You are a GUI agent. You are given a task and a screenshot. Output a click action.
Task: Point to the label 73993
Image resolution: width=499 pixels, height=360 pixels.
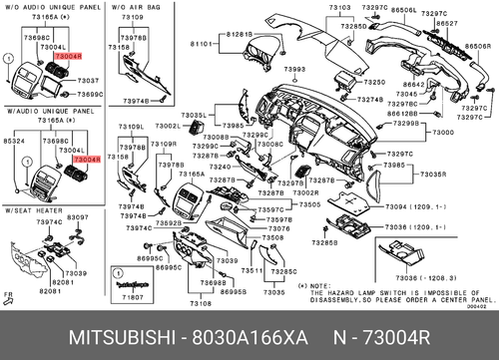click(293, 69)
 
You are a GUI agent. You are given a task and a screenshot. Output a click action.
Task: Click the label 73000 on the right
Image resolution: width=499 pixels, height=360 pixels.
click(444, 132)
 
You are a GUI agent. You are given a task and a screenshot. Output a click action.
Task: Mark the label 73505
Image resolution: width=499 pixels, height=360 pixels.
click(309, 203)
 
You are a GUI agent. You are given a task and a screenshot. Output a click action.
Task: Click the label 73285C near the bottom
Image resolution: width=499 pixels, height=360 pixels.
click(284, 270)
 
